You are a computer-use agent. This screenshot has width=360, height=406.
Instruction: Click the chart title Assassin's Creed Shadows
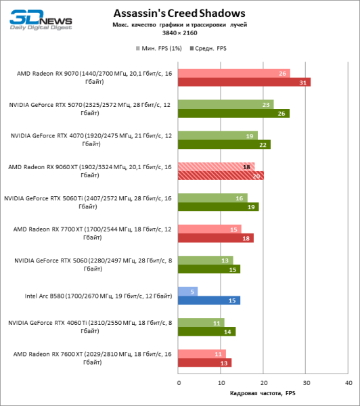(179, 13)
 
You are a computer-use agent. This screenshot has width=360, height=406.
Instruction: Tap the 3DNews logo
(31, 18)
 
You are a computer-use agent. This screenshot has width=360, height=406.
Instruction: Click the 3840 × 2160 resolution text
(179, 32)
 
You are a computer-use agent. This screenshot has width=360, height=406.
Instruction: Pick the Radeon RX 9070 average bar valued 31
(244, 83)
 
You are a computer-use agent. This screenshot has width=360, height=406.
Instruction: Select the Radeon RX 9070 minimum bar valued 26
(234, 74)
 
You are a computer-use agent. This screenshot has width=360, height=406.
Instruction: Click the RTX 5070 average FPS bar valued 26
(233, 113)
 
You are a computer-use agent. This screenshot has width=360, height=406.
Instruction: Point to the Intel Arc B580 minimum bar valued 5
(188, 291)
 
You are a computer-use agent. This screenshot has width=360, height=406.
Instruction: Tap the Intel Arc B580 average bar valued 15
(209, 300)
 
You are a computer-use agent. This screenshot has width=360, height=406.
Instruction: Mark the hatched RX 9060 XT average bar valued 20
(221, 175)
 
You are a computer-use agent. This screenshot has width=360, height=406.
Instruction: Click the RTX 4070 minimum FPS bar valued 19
(218, 135)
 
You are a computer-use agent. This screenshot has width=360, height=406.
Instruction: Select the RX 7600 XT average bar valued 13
(205, 362)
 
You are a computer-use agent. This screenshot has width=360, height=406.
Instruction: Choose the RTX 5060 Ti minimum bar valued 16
(212, 198)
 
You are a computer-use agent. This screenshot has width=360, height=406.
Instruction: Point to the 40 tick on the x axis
(348, 382)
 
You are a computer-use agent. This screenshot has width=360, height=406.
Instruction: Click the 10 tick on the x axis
(221, 382)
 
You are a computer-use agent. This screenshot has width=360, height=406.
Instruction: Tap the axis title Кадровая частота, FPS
(263, 393)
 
